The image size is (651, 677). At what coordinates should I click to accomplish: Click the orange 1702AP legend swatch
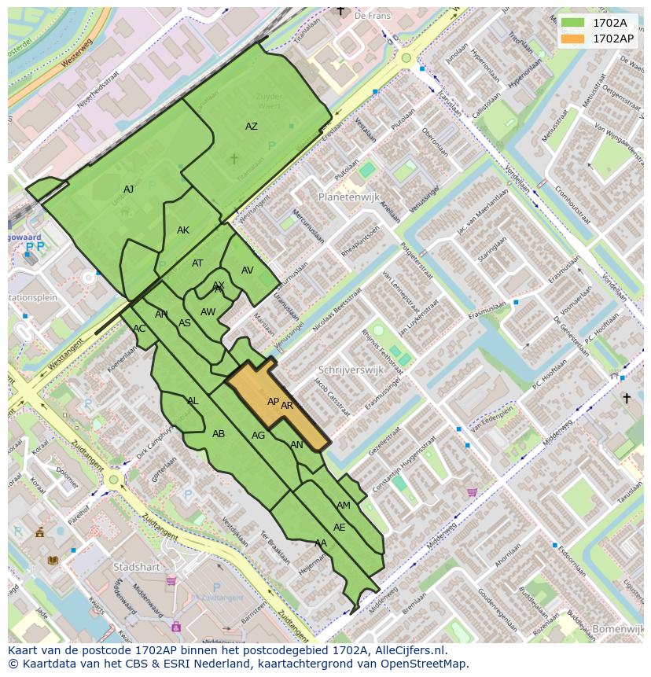pyautogui.click(x=573, y=39)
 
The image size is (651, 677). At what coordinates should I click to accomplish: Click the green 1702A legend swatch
pyautogui.click(x=573, y=23)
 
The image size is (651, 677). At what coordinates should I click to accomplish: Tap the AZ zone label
pyautogui.click(x=251, y=127)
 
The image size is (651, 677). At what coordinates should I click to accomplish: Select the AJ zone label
pyautogui.click(x=128, y=189)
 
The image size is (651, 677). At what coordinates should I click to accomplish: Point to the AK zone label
pyautogui.click(x=183, y=230)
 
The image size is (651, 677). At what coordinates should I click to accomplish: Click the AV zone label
pyautogui.click(x=248, y=270)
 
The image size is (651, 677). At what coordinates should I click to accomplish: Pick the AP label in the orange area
pyautogui.click(x=273, y=402)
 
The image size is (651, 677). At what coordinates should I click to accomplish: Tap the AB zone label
pyautogui.click(x=219, y=434)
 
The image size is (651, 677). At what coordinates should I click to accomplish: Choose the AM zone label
pyautogui.click(x=344, y=506)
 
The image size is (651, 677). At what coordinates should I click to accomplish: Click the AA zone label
pyautogui.click(x=321, y=543)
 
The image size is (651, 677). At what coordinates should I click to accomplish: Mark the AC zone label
pyautogui.click(x=139, y=329)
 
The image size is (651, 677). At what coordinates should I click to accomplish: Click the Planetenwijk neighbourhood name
pyautogui.click(x=349, y=197)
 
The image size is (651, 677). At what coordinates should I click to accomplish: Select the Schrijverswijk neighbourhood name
pyautogui.click(x=351, y=370)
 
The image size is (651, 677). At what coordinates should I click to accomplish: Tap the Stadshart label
pyautogui.click(x=136, y=566)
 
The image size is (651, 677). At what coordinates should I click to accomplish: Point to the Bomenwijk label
pyautogui.click(x=618, y=629)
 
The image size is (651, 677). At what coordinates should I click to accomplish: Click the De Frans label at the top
pyautogui.click(x=372, y=15)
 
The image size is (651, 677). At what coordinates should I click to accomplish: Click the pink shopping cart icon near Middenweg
pyautogui.click(x=472, y=493)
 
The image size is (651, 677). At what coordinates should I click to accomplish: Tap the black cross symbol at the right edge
pyautogui.click(x=627, y=399)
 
